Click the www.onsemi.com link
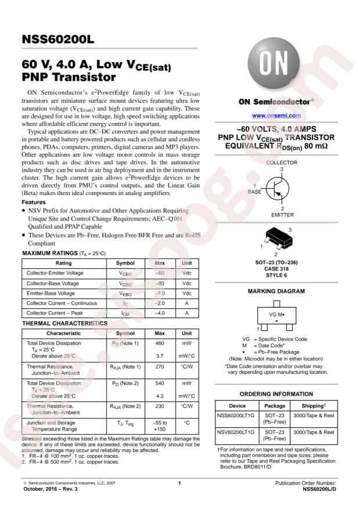[276, 116]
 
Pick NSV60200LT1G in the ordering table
[236, 432]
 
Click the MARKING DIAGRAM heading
[276, 291]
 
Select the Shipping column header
[317, 406]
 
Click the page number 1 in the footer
[180, 483]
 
